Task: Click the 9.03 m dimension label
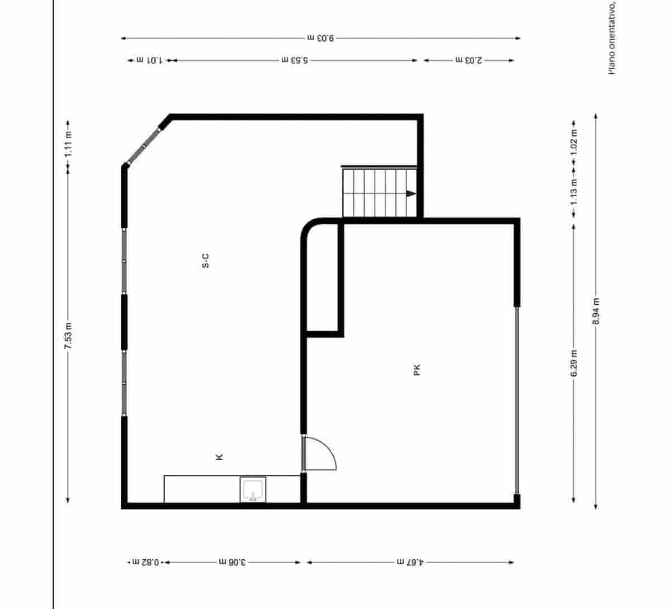click(320, 39)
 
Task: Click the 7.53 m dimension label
click(68, 336)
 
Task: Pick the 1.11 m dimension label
click(68, 143)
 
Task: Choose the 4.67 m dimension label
click(410, 562)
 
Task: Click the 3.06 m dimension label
click(231, 562)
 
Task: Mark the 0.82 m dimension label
click(147, 562)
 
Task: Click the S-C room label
click(205, 261)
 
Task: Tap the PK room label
click(417, 370)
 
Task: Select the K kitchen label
click(220, 457)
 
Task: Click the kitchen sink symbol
click(253, 489)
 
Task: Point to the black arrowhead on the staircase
click(411, 193)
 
